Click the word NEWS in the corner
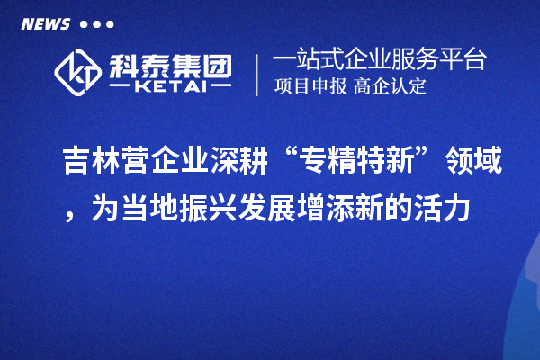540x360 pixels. (45, 24)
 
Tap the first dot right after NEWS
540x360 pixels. (84, 24)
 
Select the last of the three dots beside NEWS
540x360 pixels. (111, 24)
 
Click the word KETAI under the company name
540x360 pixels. (169, 88)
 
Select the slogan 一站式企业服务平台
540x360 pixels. (379, 61)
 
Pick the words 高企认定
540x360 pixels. (391, 87)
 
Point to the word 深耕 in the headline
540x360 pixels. (245, 164)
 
